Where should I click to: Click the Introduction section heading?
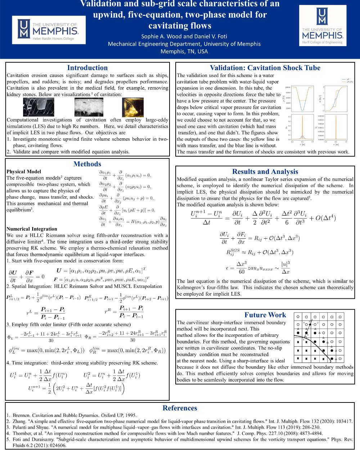point(87,68)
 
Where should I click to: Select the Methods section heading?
point(87,164)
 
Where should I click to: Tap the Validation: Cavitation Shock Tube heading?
point(265,68)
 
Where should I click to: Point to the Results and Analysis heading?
point(265,172)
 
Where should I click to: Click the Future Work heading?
point(265,315)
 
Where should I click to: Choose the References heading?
point(180,408)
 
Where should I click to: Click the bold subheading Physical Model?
point(24,172)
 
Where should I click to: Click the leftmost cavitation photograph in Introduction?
point(39,107)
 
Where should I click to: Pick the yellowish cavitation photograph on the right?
point(134,107)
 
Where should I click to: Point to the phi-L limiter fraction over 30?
point(45,337)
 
